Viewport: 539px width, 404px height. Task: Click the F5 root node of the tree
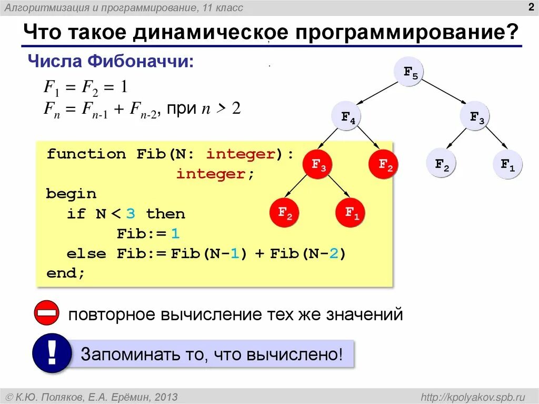coord(410,72)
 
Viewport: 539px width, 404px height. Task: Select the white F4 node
coord(347,117)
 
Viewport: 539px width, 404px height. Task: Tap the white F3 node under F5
coord(476,117)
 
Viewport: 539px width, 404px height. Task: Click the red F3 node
coord(318,164)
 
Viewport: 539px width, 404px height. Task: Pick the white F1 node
coord(507,164)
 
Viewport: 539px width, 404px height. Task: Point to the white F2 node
coord(441,164)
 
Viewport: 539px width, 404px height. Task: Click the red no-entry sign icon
coord(48,314)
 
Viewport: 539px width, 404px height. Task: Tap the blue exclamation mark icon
coord(52,353)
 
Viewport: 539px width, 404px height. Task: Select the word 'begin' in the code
coord(71,194)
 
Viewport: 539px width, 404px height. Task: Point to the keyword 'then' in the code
coord(165,214)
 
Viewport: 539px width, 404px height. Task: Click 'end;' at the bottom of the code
coord(65,273)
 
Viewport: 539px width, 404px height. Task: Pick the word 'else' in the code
coord(86,254)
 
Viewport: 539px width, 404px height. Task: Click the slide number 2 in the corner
coord(531,7)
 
